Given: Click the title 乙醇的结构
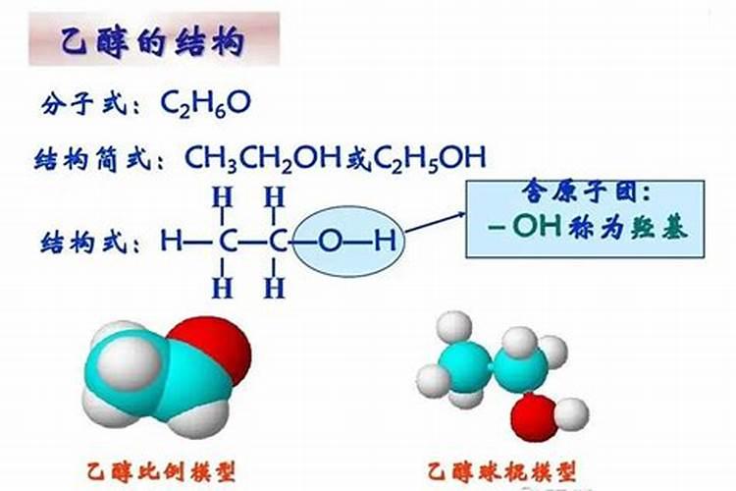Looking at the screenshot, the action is coord(152,41).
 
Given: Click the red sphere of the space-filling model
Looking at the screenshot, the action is coord(213,348).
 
